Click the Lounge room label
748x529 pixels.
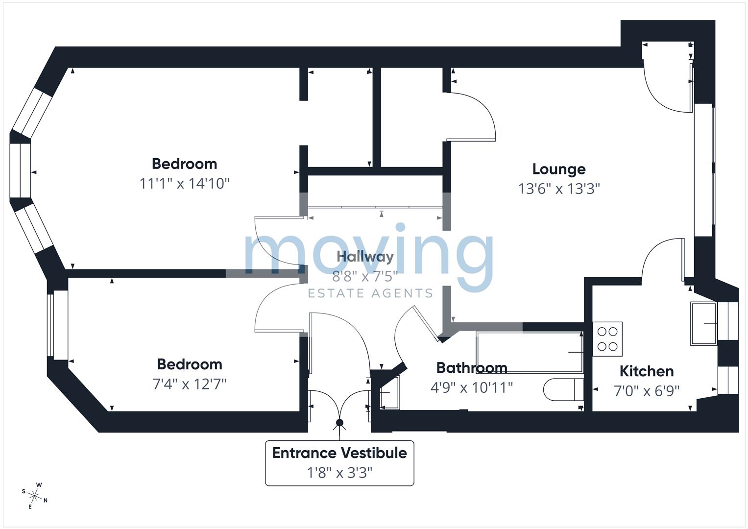[558, 169]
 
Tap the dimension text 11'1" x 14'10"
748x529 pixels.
[184, 184]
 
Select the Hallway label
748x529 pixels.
[365, 257]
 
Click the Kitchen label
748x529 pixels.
[647, 371]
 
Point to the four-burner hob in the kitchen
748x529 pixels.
[607, 338]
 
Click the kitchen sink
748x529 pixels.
[703, 323]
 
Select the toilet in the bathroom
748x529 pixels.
[563, 390]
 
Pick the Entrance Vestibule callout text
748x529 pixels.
[339, 453]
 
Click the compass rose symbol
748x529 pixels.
[34, 496]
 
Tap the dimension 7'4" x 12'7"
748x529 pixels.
[190, 384]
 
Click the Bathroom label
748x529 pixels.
[472, 368]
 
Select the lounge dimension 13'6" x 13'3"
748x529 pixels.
[559, 189]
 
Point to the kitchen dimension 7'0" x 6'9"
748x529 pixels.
[647, 390]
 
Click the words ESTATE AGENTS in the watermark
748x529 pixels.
[370, 293]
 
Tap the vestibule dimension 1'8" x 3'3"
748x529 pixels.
[339, 473]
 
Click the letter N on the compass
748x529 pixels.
[46, 500]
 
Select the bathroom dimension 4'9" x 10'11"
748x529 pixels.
[472, 387]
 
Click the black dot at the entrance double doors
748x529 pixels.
[339, 423]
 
